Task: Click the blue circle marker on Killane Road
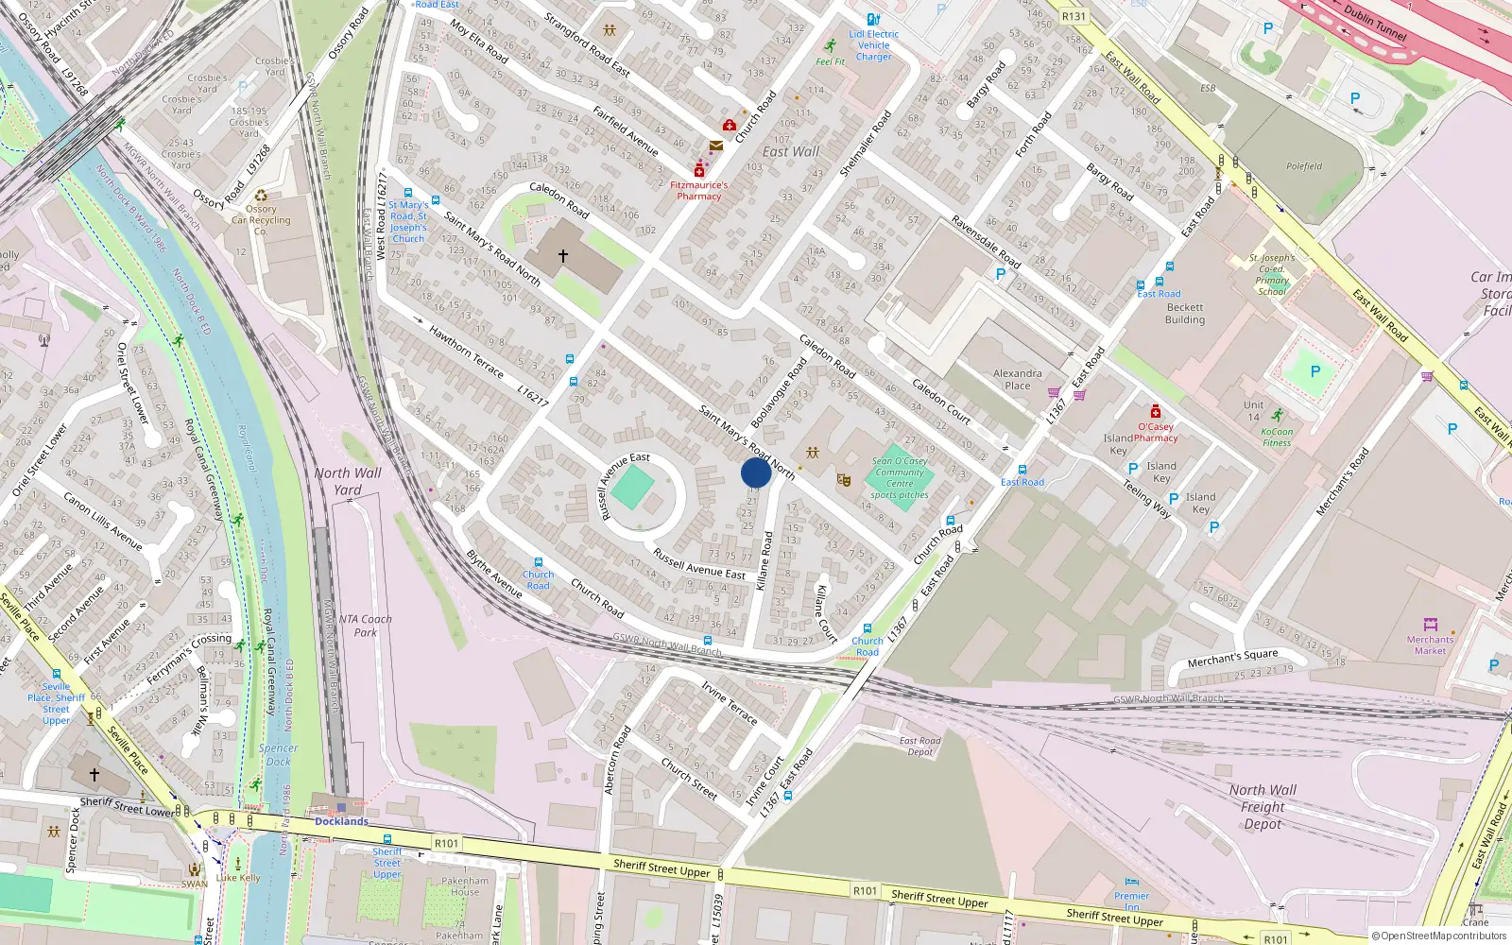[x=756, y=472]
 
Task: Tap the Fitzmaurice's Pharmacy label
[x=699, y=191]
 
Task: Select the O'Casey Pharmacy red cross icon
[x=1155, y=411]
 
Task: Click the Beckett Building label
[x=1185, y=314]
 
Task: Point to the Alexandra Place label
[x=1018, y=379]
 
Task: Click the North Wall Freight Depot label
[x=1263, y=807]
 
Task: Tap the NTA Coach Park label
[x=365, y=626]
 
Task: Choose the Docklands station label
[x=341, y=821]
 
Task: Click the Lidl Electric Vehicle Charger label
[x=874, y=45]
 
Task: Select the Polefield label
[x=1304, y=166]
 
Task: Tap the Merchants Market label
[x=1430, y=644]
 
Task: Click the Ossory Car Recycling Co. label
[x=262, y=220]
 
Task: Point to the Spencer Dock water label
[x=278, y=754]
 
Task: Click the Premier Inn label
[x=1131, y=901]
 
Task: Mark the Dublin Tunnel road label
[x=1375, y=24]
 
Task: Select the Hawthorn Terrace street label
[x=466, y=352]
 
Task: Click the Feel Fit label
[x=831, y=61]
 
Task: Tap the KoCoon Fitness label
[x=1277, y=437]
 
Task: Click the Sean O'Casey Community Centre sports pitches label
[x=900, y=478]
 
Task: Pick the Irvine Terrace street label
[x=729, y=702]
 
